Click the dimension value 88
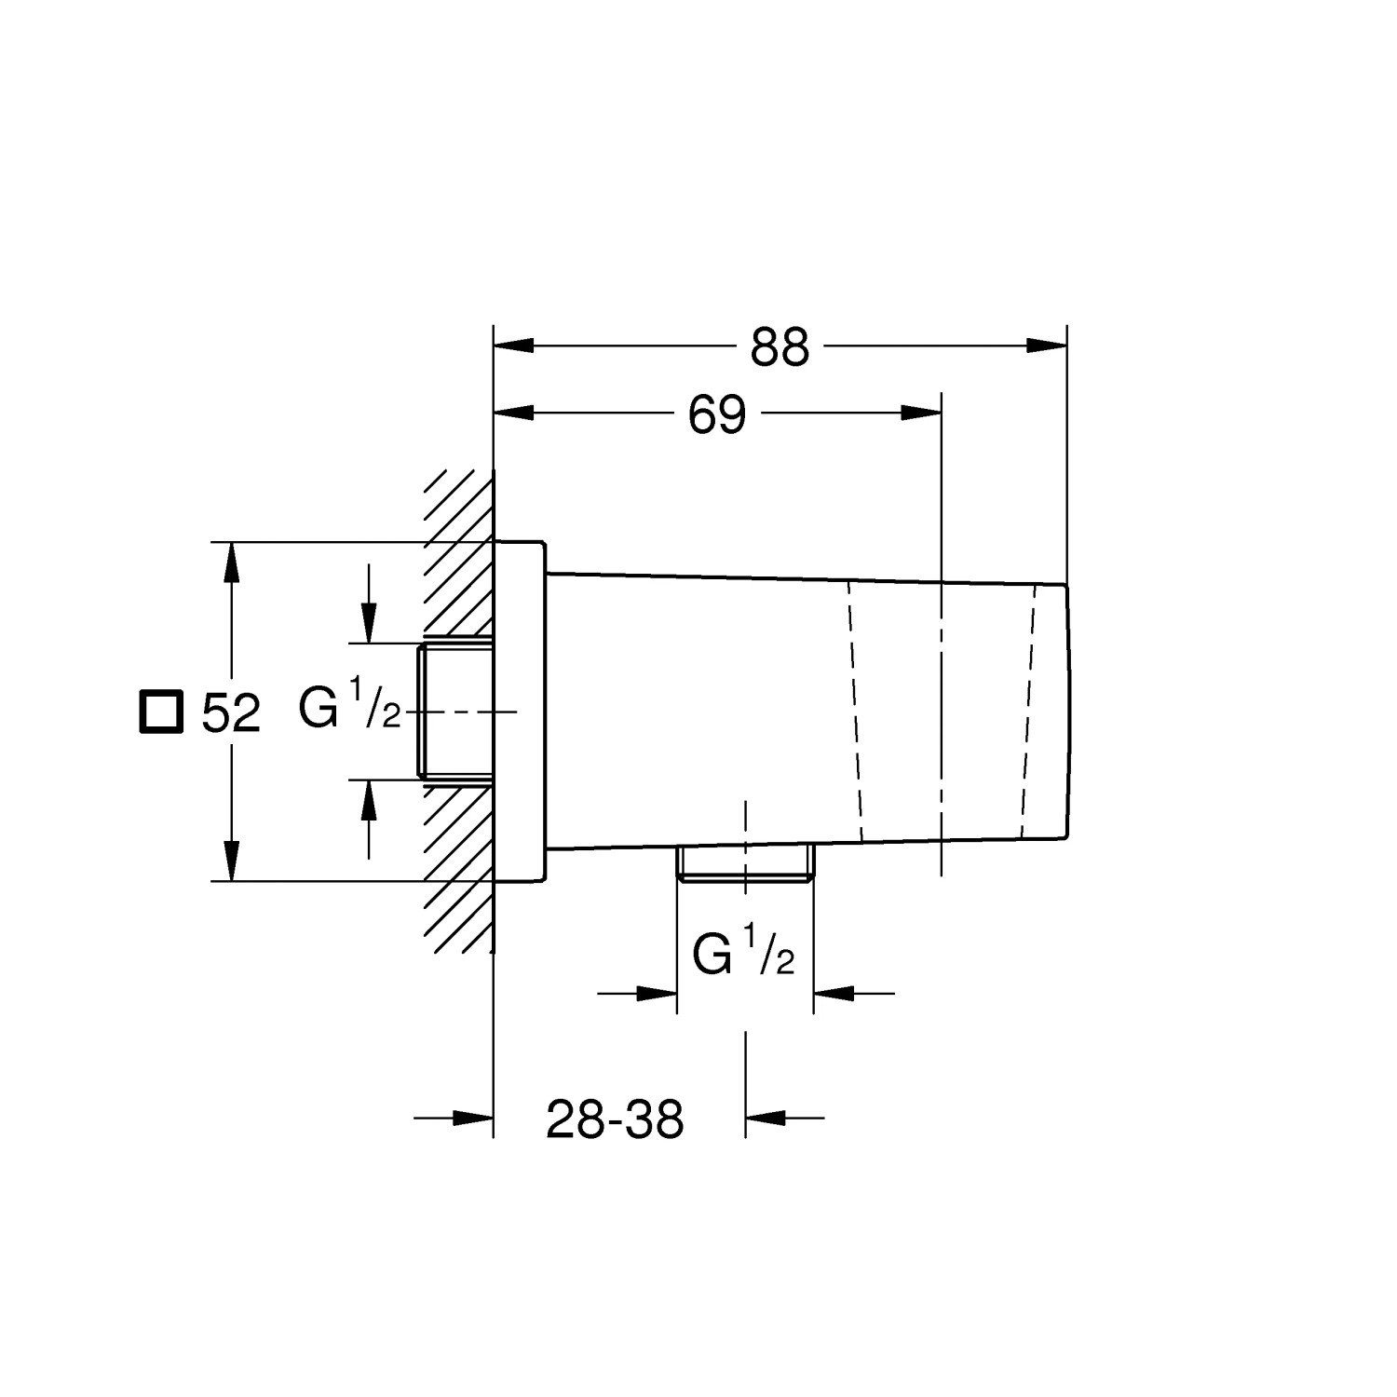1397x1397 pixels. pyautogui.click(x=780, y=347)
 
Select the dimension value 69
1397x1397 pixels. pyautogui.click(x=717, y=415)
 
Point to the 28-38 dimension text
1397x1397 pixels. pyautogui.click(x=615, y=1119)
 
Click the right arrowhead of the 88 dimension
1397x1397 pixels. pyautogui.click(x=1047, y=346)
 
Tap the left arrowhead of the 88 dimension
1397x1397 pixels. pyautogui.click(x=513, y=346)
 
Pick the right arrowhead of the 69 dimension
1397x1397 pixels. pyautogui.click(x=922, y=414)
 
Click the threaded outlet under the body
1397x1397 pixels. pyautogui.click(x=745, y=862)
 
